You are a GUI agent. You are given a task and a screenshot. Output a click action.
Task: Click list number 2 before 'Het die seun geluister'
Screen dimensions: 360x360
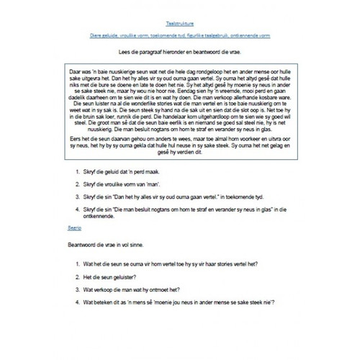[78, 278]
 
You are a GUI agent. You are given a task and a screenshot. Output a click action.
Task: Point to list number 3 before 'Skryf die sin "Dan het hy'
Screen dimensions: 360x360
[78, 197]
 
